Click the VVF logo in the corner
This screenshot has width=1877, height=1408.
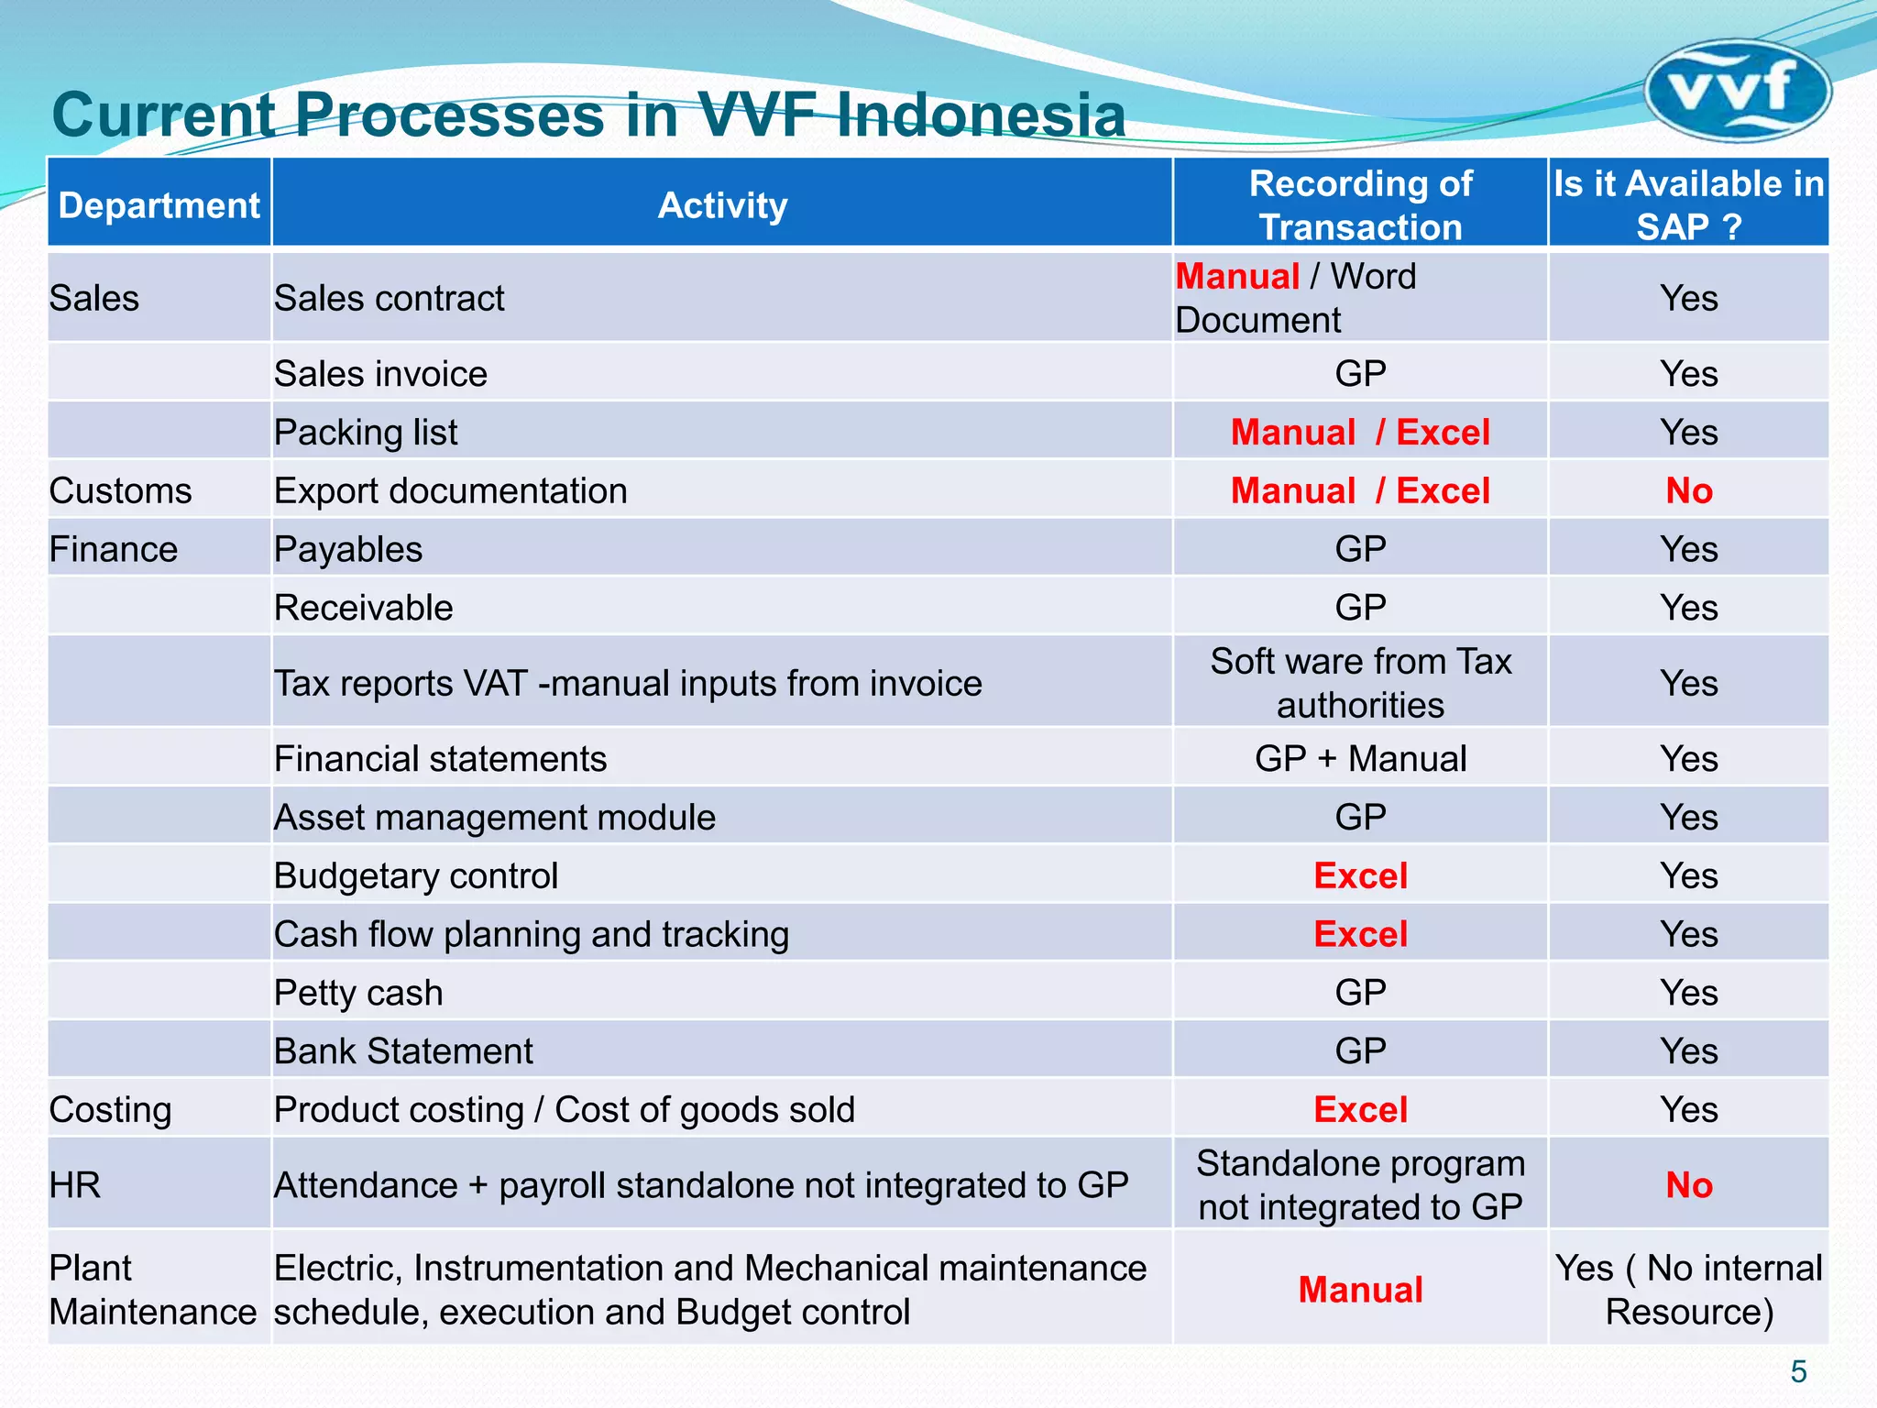[1737, 90]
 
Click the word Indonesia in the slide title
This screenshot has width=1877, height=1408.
[982, 115]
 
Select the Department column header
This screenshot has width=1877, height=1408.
[159, 205]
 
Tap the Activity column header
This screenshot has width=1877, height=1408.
[722, 205]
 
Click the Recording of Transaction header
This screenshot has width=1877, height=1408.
[1360, 205]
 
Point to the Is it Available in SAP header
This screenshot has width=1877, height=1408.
[1688, 205]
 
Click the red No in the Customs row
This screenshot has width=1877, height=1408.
[1688, 491]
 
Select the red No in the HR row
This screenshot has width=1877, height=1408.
[1688, 1185]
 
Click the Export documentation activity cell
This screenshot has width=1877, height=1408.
[451, 491]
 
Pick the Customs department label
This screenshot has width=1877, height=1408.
[120, 491]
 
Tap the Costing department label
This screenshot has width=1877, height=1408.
[110, 1110]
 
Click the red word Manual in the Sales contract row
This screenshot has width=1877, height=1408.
[1237, 277]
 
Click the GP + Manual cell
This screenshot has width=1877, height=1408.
[1360, 759]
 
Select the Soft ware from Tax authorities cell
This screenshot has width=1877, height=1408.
[1360, 683]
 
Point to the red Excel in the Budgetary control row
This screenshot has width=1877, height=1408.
[1360, 876]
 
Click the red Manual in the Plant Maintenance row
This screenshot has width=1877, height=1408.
[1360, 1290]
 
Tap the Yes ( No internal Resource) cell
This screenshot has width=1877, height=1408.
[1688, 1290]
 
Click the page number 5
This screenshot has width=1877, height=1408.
[1798, 1372]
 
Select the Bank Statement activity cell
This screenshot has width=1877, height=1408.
[403, 1051]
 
